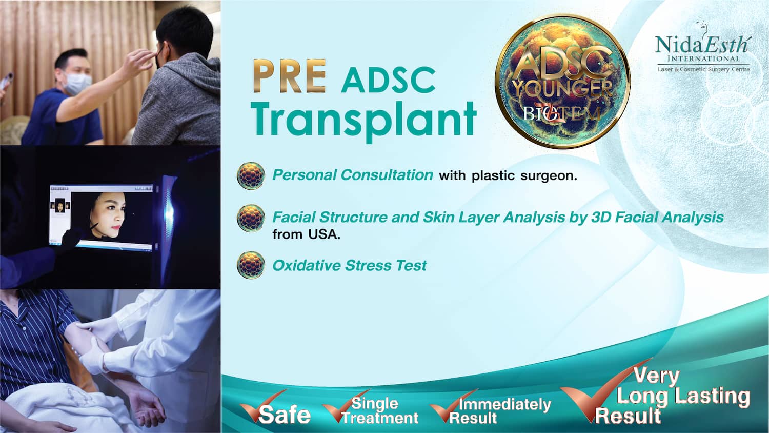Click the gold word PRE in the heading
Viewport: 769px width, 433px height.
coord(290,76)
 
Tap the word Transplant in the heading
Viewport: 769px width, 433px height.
coord(363,119)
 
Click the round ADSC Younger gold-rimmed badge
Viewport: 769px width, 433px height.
coord(562,82)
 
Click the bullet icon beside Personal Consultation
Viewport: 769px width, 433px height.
coord(251,175)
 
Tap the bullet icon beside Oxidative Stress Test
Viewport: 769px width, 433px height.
coord(251,265)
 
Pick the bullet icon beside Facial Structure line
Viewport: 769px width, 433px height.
coord(251,218)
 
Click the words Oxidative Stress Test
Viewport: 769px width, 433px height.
coord(350,265)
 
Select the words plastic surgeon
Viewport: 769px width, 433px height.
coord(524,176)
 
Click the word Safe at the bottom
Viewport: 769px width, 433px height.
coord(284,415)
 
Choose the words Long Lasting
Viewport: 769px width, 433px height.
coord(683,396)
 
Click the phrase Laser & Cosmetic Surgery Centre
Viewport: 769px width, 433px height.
coord(703,69)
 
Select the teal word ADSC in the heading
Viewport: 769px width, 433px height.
coord(388,80)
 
